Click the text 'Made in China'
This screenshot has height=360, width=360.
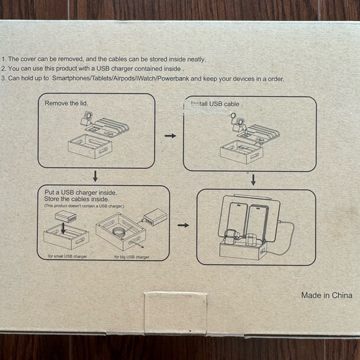pos(324,295)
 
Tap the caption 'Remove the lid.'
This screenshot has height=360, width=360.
pos(66,103)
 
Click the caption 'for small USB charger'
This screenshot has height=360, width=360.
pos(67,256)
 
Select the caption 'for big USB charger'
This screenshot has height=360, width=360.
pos(132,256)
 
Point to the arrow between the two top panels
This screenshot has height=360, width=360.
pos(169,134)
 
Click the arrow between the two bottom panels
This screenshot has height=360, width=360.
pos(182,225)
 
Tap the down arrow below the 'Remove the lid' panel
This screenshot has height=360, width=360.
pos(95,176)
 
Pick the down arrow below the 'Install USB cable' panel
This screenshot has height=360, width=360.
pos(253,179)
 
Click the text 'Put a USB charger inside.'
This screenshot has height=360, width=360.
pos(81,193)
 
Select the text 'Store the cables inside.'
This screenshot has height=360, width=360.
pos(78,199)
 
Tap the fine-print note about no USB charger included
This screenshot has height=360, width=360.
pos(84,205)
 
